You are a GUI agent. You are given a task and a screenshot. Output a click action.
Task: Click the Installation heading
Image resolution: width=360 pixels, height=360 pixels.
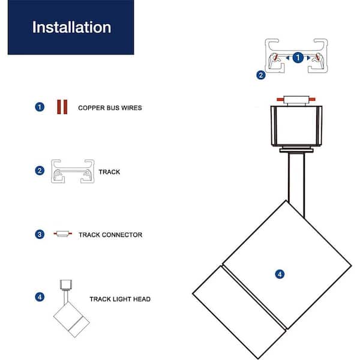click(71, 28)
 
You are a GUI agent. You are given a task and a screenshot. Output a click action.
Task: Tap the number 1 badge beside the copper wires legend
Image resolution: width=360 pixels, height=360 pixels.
click(40, 107)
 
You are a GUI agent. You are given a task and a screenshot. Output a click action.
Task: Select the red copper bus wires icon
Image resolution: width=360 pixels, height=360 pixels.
click(61, 107)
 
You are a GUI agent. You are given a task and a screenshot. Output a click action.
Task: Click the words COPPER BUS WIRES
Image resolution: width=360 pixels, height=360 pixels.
click(110, 108)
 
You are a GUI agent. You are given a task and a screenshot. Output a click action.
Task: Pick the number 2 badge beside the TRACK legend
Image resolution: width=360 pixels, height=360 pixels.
click(40, 170)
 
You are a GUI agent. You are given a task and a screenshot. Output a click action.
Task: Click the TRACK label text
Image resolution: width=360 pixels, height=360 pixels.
click(109, 172)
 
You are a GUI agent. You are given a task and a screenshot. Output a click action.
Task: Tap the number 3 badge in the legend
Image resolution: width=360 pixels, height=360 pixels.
click(40, 234)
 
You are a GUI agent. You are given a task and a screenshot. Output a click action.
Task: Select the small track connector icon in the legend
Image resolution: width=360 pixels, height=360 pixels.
click(61, 234)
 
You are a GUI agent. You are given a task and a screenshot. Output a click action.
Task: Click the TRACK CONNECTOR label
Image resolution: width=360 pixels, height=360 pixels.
click(110, 235)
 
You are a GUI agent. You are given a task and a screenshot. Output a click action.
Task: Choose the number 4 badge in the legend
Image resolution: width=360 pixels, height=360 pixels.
click(40, 296)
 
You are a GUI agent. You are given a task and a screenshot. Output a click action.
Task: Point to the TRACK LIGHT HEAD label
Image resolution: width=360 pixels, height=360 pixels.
click(120, 299)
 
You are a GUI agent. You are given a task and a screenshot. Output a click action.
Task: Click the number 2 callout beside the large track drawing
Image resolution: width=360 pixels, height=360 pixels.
click(260, 76)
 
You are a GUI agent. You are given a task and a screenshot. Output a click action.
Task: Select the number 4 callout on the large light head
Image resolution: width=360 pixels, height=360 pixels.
click(280, 274)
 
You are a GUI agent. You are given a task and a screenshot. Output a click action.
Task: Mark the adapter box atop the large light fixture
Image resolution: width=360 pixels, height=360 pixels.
click(296, 126)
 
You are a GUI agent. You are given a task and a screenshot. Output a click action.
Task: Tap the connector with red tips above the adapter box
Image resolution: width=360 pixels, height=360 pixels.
click(296, 98)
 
